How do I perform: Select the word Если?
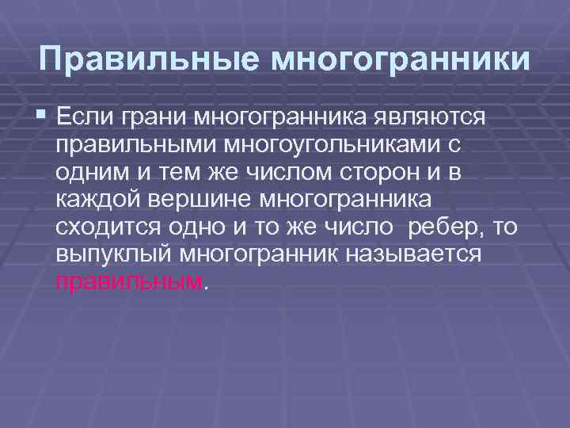tap(84, 118)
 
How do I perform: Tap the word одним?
tap(85, 174)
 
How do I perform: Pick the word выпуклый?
tap(115, 256)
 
